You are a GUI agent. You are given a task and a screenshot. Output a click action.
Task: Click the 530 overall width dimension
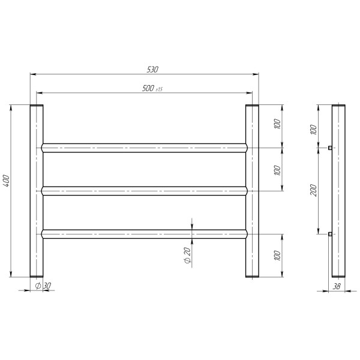pyautogui.click(x=152, y=70)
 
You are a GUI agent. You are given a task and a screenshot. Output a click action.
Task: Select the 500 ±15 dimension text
pyautogui.click(x=152, y=88)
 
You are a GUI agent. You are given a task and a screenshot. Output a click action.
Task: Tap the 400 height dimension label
pyautogui.click(x=6, y=181)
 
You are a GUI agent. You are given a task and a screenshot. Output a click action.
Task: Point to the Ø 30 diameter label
pyautogui.click(x=43, y=286)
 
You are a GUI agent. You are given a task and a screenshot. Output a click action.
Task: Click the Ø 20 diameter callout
pyautogui.click(x=188, y=255)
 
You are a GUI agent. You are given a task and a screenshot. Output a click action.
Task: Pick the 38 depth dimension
pyautogui.click(x=337, y=286)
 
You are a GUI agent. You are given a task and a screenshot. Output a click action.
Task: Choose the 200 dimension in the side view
pyautogui.click(x=313, y=190)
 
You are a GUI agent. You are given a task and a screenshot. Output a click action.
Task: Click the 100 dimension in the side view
pyautogui.click(x=313, y=130)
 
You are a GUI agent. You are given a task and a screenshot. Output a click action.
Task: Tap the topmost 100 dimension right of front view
pyautogui.click(x=277, y=124)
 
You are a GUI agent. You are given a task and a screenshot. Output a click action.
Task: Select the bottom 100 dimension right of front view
pyautogui.click(x=277, y=256)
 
